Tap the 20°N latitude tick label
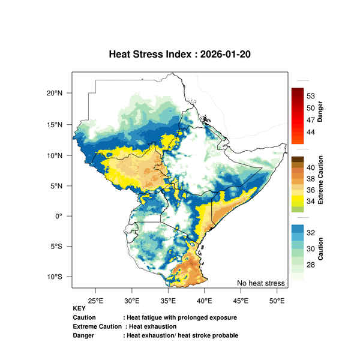pos(55,93)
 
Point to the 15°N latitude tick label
pos(55,124)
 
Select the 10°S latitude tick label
pos(55,277)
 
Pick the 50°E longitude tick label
pos(277,299)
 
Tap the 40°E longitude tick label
pos(205,299)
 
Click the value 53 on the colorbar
pos(311,96)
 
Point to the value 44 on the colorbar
pos(311,131)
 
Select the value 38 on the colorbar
pos(311,179)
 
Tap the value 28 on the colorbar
pos(311,265)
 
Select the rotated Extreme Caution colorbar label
pos(320,179)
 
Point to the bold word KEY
pos(79,308)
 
